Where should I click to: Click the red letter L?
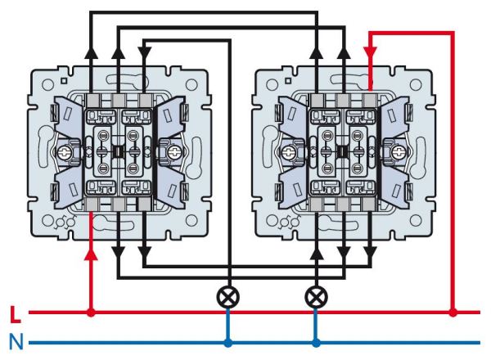click(14, 314)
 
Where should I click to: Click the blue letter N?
click(14, 341)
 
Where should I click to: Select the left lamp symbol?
click(228, 295)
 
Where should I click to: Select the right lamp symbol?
click(315, 295)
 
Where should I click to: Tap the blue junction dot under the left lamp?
click(228, 341)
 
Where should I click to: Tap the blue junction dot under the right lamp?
click(315, 341)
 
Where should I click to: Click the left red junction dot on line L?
click(90, 313)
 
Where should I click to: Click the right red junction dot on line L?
click(453, 312)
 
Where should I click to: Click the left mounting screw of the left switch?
click(61, 152)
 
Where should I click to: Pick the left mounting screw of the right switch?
click(288, 152)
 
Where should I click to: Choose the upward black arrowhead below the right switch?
click(315, 252)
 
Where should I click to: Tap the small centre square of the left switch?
click(117, 151)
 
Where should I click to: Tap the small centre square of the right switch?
click(343, 151)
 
